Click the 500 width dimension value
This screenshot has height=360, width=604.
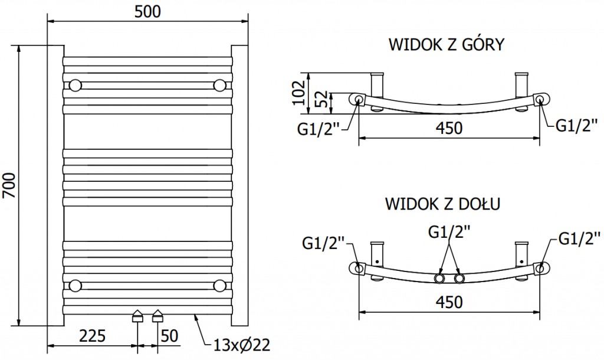coord(147,11)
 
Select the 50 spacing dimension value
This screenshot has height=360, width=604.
coord(169,336)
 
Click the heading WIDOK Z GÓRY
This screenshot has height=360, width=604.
coord(445,45)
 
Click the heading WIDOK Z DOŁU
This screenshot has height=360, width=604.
coord(443,204)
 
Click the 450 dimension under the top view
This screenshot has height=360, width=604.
coord(448,127)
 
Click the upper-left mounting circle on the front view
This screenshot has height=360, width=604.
coord(75,85)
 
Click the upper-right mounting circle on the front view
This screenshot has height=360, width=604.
coord(220,85)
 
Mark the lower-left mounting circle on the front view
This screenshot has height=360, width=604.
coord(75,286)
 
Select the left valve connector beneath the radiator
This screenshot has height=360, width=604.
coord(137,316)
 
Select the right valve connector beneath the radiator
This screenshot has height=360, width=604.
coord(157,316)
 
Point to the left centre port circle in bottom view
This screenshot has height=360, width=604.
coord(439,278)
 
